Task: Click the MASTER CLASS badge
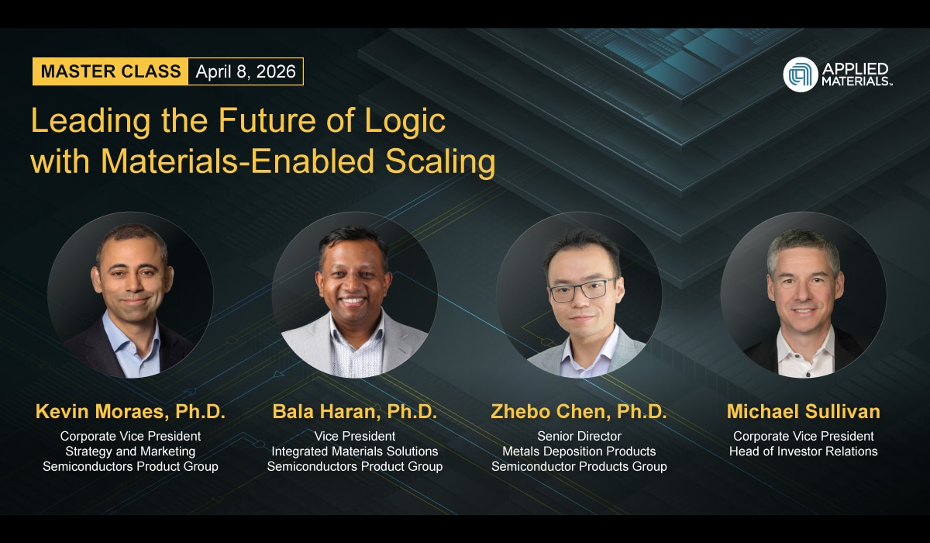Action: (x=111, y=72)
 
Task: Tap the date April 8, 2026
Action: (x=246, y=72)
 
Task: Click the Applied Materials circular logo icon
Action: (x=801, y=74)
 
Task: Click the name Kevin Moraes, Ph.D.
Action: (x=130, y=412)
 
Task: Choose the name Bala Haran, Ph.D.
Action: (x=354, y=412)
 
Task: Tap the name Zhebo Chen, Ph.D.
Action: (x=579, y=412)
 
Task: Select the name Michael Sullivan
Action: (x=803, y=412)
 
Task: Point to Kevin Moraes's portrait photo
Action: (x=130, y=295)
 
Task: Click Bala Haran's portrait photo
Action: (x=354, y=295)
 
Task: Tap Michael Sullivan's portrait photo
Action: (x=803, y=295)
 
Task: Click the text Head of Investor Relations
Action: (x=803, y=451)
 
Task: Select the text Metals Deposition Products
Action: (x=579, y=451)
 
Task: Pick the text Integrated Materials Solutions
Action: (x=354, y=451)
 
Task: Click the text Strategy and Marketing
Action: (x=130, y=451)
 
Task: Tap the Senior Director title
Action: (x=579, y=436)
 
